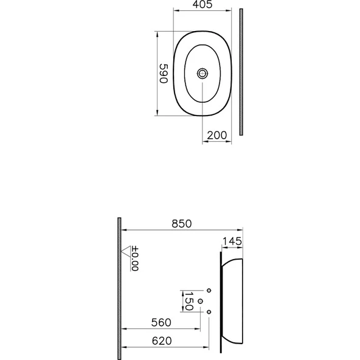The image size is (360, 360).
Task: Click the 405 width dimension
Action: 202,5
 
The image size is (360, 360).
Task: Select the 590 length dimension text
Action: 162,74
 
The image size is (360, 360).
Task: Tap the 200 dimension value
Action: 217,135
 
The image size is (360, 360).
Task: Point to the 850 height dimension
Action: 181,223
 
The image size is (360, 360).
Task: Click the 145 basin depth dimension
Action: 231,241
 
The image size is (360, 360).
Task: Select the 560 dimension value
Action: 160,322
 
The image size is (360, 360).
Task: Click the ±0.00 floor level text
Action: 135,258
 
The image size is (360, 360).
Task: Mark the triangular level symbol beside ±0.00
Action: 126,249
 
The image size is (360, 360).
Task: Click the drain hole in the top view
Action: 203,73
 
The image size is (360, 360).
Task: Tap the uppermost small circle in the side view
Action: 209,289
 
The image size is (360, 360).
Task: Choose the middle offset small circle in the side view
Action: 201,301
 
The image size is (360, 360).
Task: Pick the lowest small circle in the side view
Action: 209,312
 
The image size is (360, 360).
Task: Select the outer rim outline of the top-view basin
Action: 175,73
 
